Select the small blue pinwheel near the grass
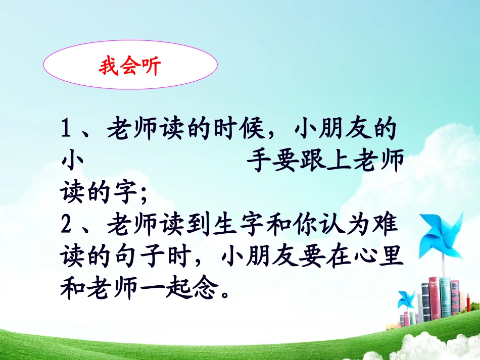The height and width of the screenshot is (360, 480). pos(406,299)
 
